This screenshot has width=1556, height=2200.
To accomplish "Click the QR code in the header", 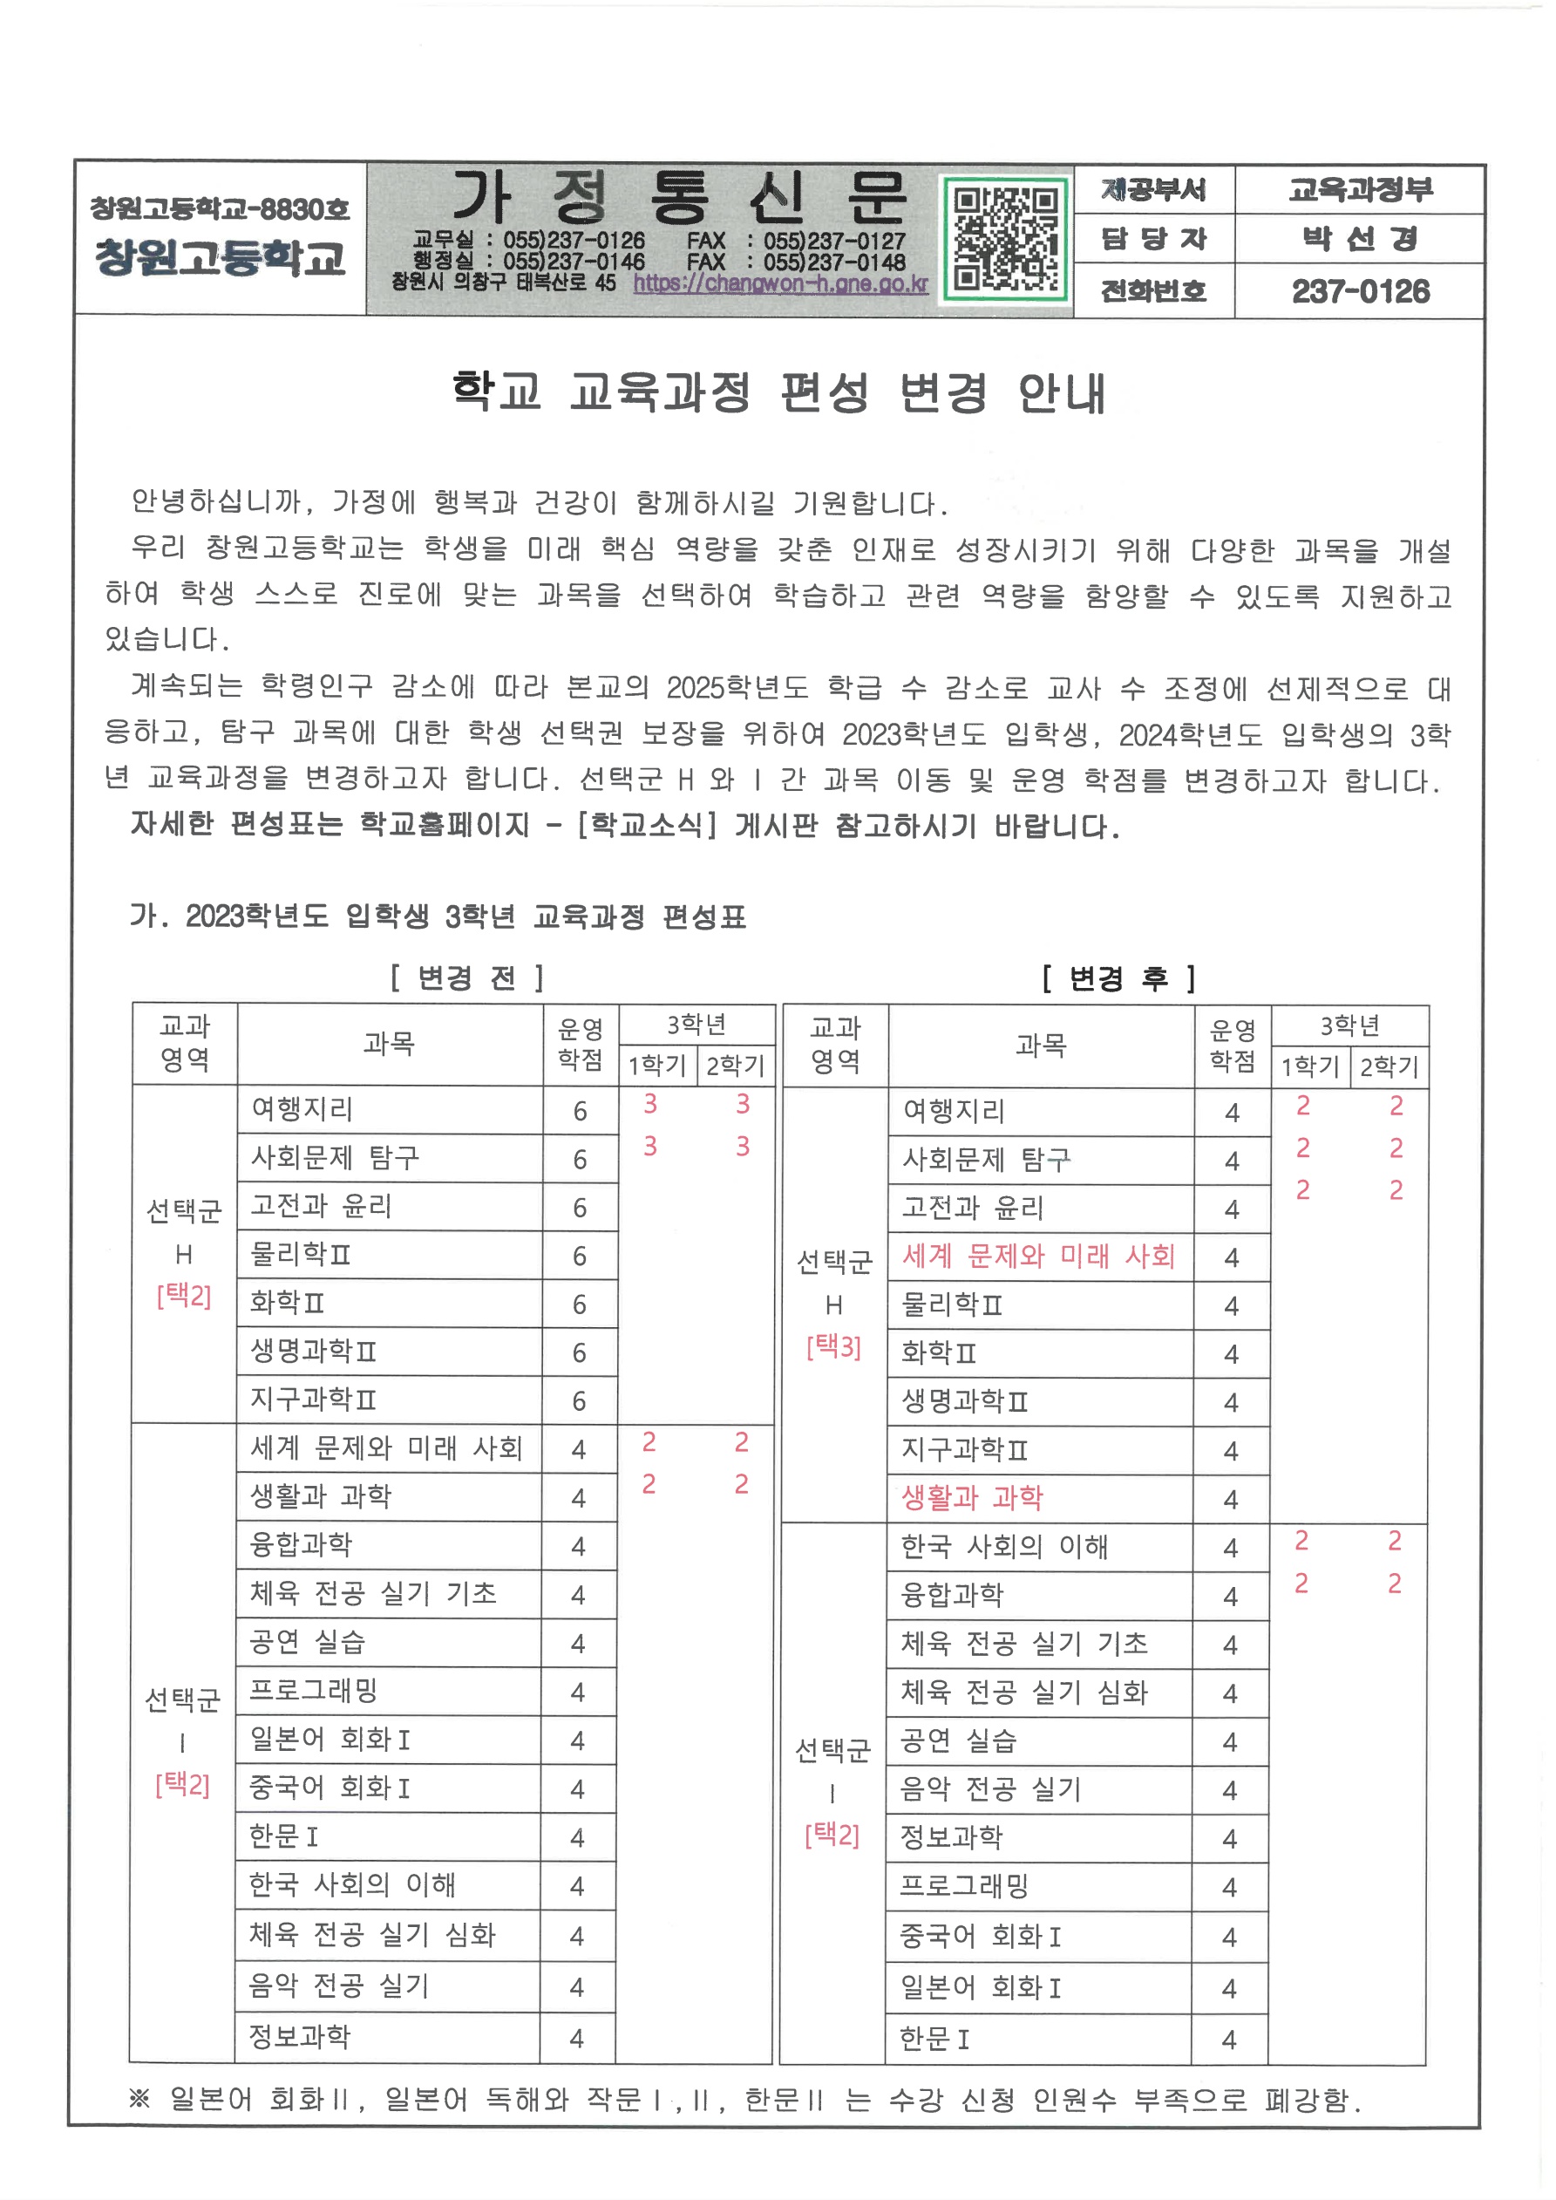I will click(x=1005, y=239).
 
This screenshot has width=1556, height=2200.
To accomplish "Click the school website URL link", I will click(x=780, y=283).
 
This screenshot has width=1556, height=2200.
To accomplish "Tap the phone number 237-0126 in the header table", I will click(x=1360, y=291).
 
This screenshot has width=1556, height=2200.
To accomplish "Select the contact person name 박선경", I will click(x=1360, y=239).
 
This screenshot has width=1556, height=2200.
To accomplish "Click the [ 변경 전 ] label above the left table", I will click(x=466, y=977).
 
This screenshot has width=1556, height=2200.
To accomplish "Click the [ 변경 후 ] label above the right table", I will click(x=1118, y=977).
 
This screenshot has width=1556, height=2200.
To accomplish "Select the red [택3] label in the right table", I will click(x=832, y=1347).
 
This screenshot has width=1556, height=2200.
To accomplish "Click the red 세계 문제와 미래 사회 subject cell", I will click(x=1038, y=1257).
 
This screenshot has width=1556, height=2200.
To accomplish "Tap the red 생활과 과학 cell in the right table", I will click(x=972, y=1498).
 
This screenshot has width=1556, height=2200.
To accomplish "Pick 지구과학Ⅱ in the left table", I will click(x=312, y=1400).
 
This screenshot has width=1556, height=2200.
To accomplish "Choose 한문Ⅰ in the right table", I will click(x=934, y=2038).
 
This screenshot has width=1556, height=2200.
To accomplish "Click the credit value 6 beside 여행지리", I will click(x=580, y=1112).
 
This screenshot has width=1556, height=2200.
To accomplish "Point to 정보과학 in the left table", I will click(x=299, y=2036).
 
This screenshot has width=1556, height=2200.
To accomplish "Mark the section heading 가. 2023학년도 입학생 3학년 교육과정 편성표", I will click(x=438, y=917).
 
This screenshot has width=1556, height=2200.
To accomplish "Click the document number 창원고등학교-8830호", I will click(x=220, y=208).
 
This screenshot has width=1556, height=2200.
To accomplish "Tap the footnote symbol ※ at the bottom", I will click(x=139, y=2099).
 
